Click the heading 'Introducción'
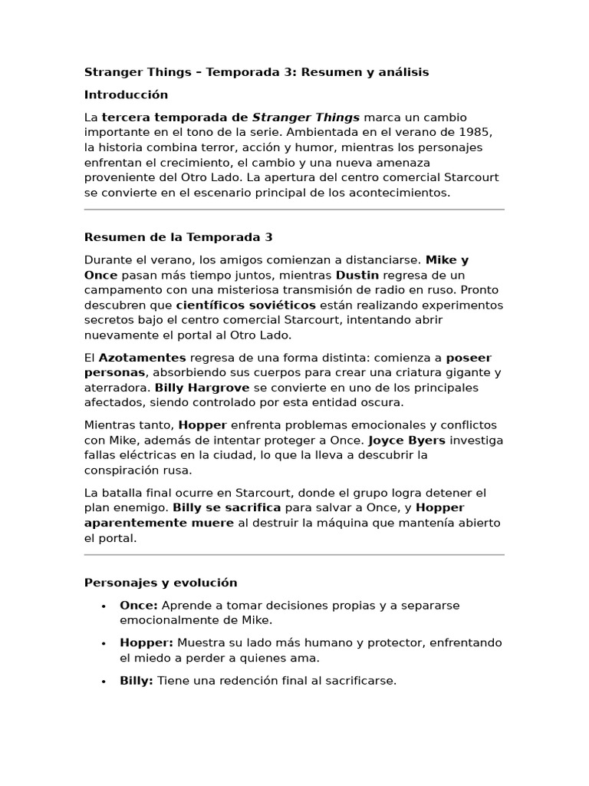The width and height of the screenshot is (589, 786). [x=126, y=95]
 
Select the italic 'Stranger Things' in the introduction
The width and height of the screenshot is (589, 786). [x=306, y=117]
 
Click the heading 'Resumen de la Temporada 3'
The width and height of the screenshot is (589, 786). [x=178, y=237]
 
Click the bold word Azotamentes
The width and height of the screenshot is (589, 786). [x=143, y=358]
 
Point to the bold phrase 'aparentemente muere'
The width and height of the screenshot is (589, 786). [x=159, y=523]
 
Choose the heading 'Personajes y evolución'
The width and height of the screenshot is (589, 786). [x=160, y=583]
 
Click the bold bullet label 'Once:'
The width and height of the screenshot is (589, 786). [x=139, y=606]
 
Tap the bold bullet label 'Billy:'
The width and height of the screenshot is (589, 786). [x=137, y=680]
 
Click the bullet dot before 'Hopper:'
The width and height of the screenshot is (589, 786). [x=104, y=643]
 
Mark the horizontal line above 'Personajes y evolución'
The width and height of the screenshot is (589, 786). [x=294, y=554]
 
